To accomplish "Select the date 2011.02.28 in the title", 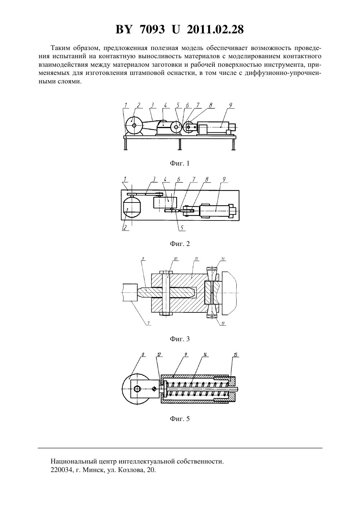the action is [215, 29].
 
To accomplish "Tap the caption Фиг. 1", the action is [180, 163].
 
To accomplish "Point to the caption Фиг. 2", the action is [180, 244].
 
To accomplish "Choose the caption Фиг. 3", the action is [180, 339].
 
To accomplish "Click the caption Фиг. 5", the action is [180, 419].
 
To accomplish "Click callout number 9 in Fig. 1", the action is [230, 105].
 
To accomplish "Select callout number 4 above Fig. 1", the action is [165, 105].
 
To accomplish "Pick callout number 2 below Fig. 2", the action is [125, 227].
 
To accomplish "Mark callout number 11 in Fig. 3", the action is [196, 259].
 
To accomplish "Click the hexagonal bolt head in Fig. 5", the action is [137, 389].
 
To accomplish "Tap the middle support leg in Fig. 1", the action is [180, 144].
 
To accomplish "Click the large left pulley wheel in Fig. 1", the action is [134, 125].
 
